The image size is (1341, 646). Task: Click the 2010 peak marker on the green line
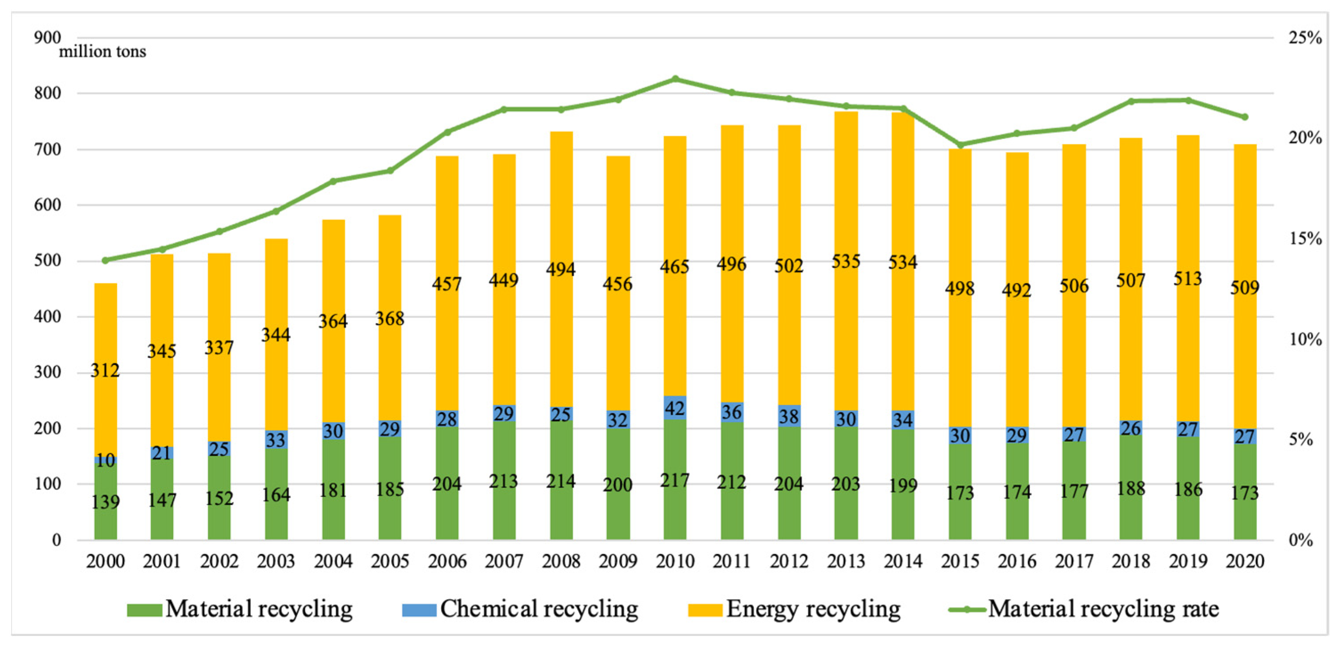pyautogui.click(x=675, y=79)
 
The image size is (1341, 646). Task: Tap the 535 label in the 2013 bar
pyautogui.click(x=846, y=261)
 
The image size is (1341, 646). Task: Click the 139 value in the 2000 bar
pyautogui.click(x=105, y=502)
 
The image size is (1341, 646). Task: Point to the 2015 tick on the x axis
pyautogui.click(x=960, y=561)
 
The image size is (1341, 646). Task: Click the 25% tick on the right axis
pyautogui.click(x=1305, y=38)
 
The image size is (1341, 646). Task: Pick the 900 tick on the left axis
pyautogui.click(x=47, y=37)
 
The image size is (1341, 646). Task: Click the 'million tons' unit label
pyautogui.click(x=102, y=52)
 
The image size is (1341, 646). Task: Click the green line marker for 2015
pyautogui.click(x=960, y=145)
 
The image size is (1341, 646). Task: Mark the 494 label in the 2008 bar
pyautogui.click(x=561, y=269)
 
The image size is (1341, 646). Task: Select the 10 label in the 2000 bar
pyautogui.click(x=105, y=460)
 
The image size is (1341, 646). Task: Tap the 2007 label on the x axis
pyautogui.click(x=503, y=561)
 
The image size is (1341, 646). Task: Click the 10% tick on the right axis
pyautogui.click(x=1305, y=339)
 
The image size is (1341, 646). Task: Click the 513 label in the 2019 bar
pyautogui.click(x=1187, y=279)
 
